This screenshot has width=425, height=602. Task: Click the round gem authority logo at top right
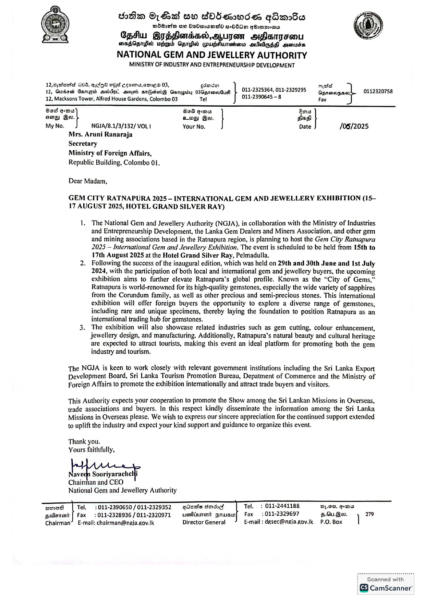point(368,26)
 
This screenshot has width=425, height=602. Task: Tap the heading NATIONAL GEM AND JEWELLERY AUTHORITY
point(212,55)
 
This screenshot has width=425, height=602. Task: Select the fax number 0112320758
point(378,92)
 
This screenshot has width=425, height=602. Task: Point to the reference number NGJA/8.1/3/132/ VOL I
point(121,126)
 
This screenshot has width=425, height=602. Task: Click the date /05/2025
point(354,126)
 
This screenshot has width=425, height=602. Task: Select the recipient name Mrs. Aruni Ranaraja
point(100,134)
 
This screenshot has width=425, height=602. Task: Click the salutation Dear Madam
point(88,181)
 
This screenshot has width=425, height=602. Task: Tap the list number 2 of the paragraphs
point(83,263)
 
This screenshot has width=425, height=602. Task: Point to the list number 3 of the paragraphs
point(82,328)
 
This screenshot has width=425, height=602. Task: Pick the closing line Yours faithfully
point(92,450)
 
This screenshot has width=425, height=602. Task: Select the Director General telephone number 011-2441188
point(282,506)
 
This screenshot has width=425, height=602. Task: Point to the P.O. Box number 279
point(369,514)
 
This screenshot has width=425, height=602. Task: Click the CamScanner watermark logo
point(386,588)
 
